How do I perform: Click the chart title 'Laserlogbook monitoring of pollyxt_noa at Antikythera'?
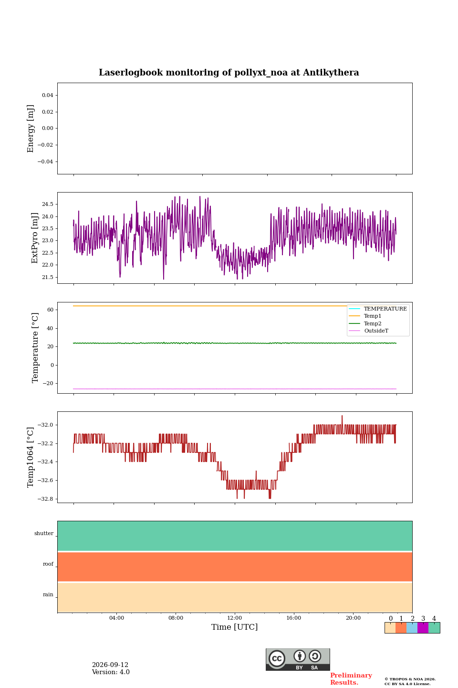tap(229, 73)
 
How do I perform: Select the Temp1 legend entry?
tap(373, 316)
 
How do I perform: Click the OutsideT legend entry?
tap(376, 331)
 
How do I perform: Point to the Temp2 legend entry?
tap(373, 323)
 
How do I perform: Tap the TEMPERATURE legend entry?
tap(385, 309)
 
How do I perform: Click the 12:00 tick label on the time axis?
tap(234, 618)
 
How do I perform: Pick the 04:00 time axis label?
tap(116, 618)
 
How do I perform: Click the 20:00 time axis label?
tap(353, 618)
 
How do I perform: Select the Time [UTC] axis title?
tap(234, 627)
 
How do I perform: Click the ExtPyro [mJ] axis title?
tap(35, 238)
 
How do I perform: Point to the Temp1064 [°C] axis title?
tap(30, 457)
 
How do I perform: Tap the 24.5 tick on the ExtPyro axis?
tap(48, 204)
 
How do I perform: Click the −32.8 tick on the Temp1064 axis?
tap(45, 499)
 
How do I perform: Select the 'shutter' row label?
tap(44, 533)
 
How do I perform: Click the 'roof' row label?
tap(48, 564)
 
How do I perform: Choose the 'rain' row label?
tap(48, 594)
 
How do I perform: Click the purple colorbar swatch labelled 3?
tap(423, 628)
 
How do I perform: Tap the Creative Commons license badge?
tap(298, 659)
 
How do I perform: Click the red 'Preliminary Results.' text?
tap(351, 679)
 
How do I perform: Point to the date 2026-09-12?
tap(110, 665)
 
